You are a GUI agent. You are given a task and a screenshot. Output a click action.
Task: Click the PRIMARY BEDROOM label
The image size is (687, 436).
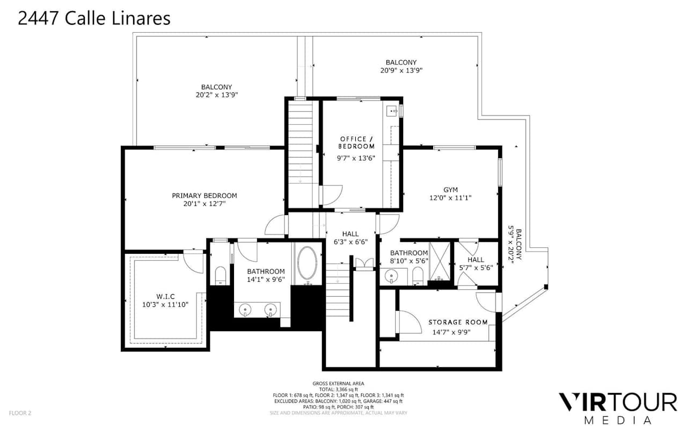pos(204,195)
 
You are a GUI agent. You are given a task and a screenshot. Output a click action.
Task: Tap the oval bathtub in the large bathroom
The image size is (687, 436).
pos(308,263)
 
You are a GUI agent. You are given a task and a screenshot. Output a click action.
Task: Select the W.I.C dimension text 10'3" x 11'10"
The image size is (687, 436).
pos(165,304)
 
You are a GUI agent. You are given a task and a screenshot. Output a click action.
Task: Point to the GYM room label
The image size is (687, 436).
pos(450,190)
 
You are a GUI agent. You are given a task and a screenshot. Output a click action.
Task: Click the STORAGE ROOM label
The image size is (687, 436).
pos(458,323)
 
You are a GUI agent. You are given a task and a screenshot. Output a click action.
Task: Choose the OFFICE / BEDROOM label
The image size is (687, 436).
pos(356,142)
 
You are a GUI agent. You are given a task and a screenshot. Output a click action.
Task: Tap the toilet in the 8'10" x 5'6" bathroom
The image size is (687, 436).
pos(418,276)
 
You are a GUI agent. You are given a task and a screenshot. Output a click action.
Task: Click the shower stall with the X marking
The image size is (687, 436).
pos(439,261)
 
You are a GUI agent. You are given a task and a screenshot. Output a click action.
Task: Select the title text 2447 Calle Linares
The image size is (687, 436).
pos(94,18)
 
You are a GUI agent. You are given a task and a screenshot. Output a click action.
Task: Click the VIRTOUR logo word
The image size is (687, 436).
pos(617,402)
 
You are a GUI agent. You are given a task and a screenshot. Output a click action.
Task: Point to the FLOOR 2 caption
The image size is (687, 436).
pos(20,413)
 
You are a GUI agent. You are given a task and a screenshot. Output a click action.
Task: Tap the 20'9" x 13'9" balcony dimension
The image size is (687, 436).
pos(401,70)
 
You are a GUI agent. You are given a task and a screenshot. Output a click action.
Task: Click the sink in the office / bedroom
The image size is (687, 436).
pos(392,111)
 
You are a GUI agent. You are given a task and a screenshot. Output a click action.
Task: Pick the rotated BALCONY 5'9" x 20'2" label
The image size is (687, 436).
pos(514,244)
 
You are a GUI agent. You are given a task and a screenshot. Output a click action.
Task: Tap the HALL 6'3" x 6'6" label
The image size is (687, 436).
pos(350,238)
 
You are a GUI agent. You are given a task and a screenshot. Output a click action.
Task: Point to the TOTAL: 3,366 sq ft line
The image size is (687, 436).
pos(338,389)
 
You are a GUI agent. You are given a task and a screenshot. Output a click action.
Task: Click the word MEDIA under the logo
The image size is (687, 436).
pos(618,420)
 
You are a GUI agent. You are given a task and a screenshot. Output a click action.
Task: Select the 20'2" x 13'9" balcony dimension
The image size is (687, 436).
pos(217,95)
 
